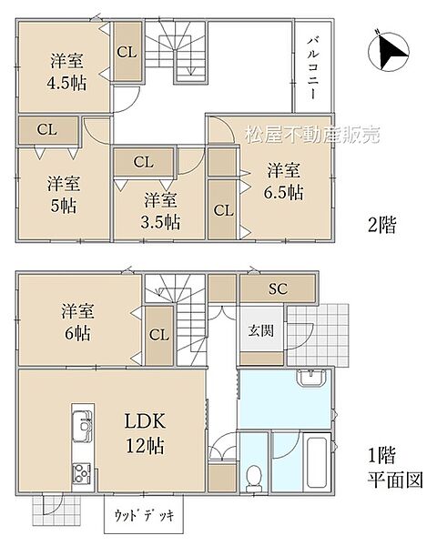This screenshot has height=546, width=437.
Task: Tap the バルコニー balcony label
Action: click(310, 69)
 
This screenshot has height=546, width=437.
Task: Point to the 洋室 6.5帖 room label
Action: click(283, 181)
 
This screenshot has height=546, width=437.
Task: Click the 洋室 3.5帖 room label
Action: click(160, 210)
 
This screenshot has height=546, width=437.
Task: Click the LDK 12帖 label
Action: click(144, 433)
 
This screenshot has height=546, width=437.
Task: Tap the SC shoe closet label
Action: click(278, 288)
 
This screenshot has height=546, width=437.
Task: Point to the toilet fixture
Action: click(254, 473)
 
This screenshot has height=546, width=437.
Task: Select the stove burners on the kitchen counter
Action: click(80, 472)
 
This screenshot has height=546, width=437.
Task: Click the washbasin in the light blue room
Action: click(310, 379)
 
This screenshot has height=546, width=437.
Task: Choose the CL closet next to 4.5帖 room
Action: click(126, 51)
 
